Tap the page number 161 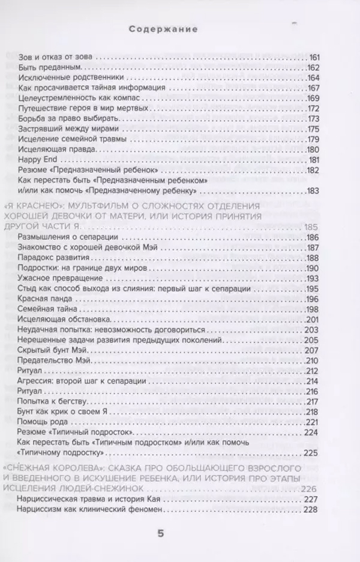point(316,57)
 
